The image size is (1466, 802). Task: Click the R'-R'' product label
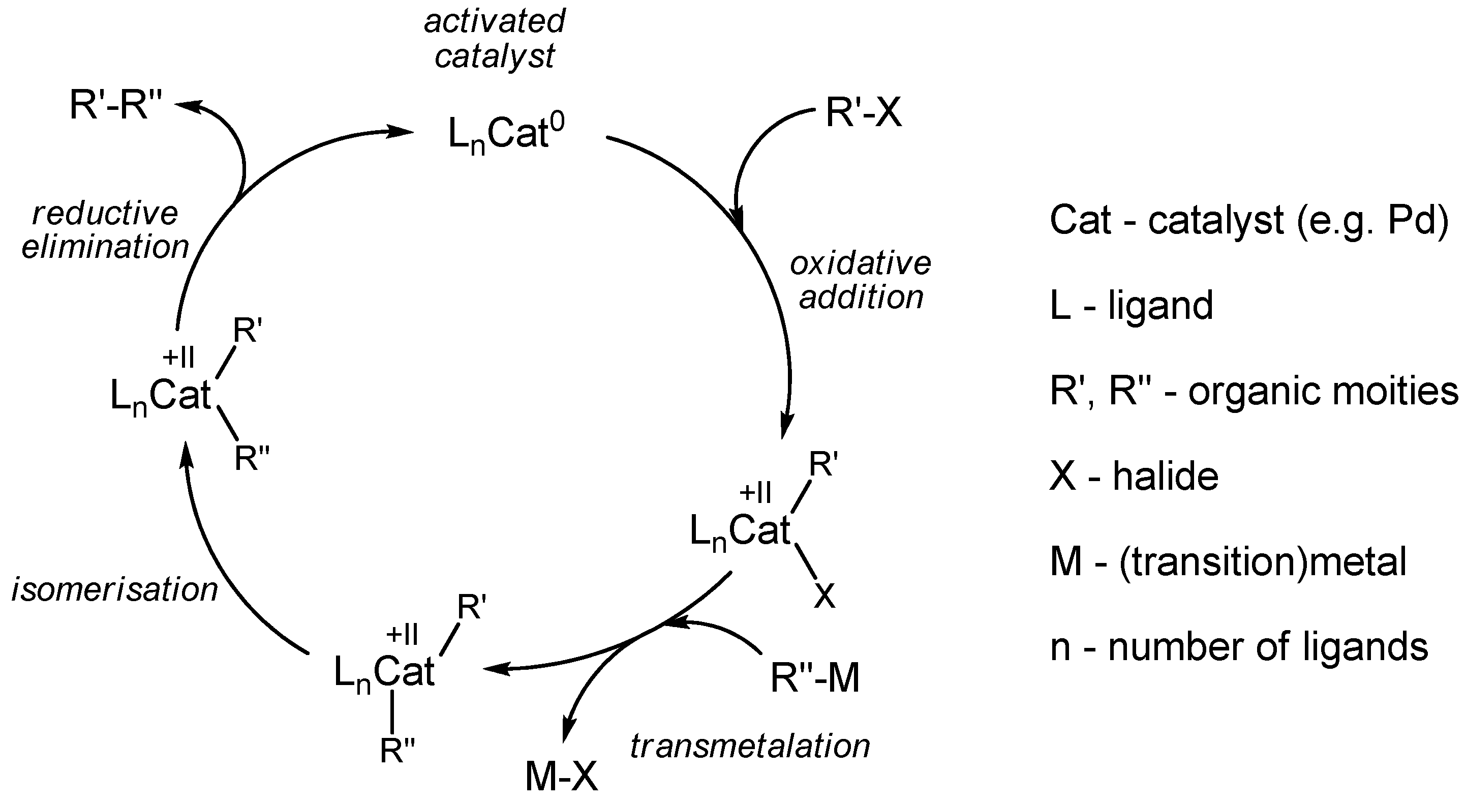(x=115, y=106)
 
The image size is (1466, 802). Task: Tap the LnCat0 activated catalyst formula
(x=506, y=134)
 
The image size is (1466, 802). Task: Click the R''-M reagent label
(x=814, y=678)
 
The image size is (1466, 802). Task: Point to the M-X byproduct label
(x=561, y=777)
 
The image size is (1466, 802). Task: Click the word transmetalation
(x=750, y=746)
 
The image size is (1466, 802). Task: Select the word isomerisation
(x=115, y=590)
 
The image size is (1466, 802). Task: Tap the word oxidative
(x=861, y=263)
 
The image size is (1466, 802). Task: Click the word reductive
(x=105, y=214)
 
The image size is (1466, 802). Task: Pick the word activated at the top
(x=495, y=22)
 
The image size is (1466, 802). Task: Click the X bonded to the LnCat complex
(x=824, y=596)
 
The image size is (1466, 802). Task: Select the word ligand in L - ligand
(x=1161, y=306)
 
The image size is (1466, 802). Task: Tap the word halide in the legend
(x=1166, y=476)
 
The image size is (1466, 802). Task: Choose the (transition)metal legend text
(x=1262, y=562)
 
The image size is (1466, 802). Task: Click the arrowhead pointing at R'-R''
(x=188, y=105)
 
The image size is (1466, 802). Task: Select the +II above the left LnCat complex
(x=179, y=358)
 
